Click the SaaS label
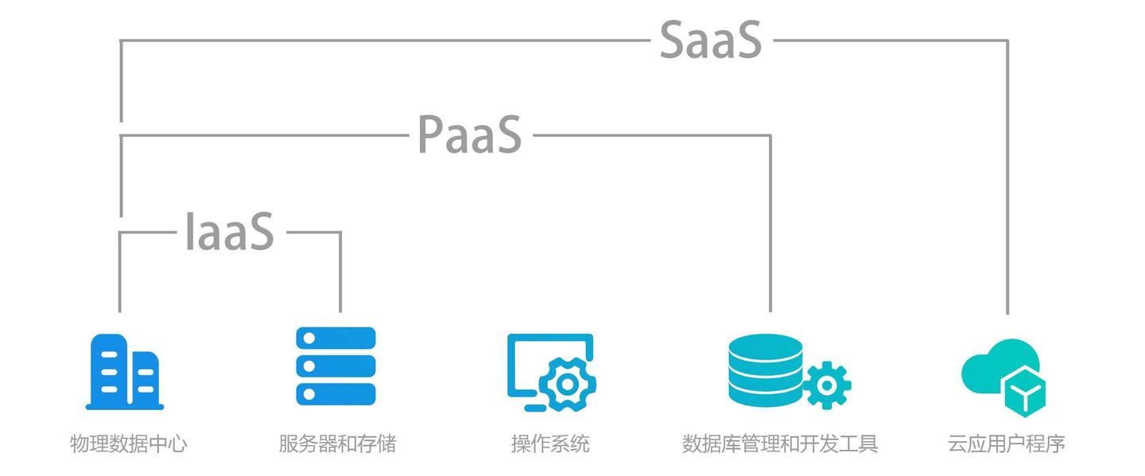(x=710, y=41)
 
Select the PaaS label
(x=469, y=135)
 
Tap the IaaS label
(x=230, y=232)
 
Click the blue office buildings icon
(x=124, y=372)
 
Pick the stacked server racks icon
(x=336, y=366)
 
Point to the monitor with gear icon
(x=551, y=372)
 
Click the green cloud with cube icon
(x=1003, y=375)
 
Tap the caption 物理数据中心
(x=129, y=443)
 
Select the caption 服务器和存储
(x=337, y=443)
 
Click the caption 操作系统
(x=550, y=443)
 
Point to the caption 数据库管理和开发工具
(x=780, y=443)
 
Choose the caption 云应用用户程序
(x=1006, y=443)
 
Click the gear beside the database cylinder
(x=827, y=385)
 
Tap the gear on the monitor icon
(x=567, y=385)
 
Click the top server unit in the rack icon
(x=336, y=339)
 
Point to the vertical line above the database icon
(x=770, y=223)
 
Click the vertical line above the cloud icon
(x=1007, y=175)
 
